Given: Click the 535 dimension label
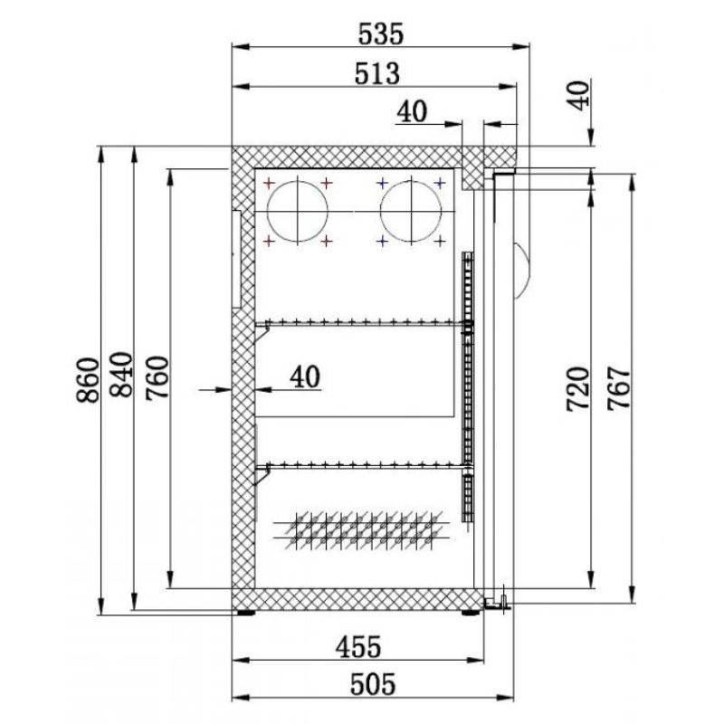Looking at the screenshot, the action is point(381,34).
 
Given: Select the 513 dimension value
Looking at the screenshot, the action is point(376,74).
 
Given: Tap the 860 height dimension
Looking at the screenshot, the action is point(88,380).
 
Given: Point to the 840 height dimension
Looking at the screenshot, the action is point(121,375).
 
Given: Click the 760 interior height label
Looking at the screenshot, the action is point(157,377).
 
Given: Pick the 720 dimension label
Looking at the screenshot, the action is point(578,389).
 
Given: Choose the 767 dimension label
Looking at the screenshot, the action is point(619,388).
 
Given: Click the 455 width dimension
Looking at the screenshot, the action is point(358,647).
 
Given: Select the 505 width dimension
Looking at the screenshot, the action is point(373,684).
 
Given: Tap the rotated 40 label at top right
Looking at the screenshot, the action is point(578,96).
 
